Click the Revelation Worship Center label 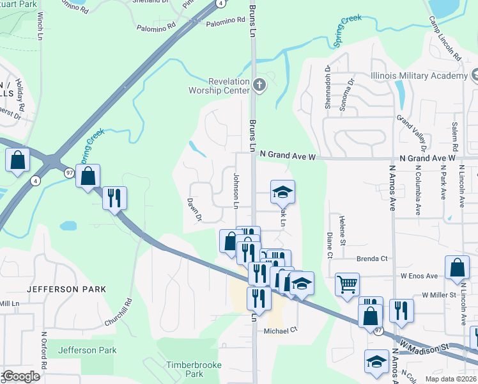(x=228, y=86)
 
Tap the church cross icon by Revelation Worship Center (x=259, y=84)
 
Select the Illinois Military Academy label (x=419, y=76)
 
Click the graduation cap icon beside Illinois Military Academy (x=474, y=76)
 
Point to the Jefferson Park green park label (x=87, y=350)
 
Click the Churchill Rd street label (x=128, y=310)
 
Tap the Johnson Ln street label (x=236, y=191)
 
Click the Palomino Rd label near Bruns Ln (x=225, y=20)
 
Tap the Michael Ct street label (x=281, y=331)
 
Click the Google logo (x=20, y=376)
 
